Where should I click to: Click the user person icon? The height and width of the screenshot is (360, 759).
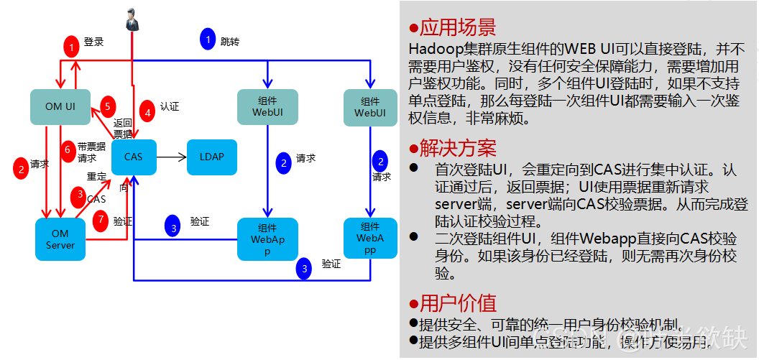(x=132, y=20)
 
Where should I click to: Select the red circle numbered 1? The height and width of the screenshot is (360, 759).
(x=70, y=47)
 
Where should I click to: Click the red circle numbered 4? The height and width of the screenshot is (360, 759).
(x=147, y=111)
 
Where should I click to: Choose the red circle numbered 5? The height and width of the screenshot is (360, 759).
(x=106, y=106)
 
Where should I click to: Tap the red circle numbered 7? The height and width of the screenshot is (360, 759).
(x=101, y=221)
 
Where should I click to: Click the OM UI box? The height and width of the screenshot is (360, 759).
(x=60, y=106)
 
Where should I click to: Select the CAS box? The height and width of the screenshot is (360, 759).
(x=134, y=157)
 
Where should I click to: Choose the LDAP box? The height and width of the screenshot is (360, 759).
(x=211, y=157)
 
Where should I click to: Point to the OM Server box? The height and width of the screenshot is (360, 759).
(x=60, y=239)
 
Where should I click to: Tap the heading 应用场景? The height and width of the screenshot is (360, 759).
(x=457, y=28)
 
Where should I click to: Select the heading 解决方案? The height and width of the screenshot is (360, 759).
(x=457, y=149)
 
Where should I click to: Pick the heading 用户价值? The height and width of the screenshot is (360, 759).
(x=457, y=303)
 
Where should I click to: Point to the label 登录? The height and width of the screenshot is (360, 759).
(x=93, y=42)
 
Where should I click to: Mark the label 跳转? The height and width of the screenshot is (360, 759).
(x=230, y=42)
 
